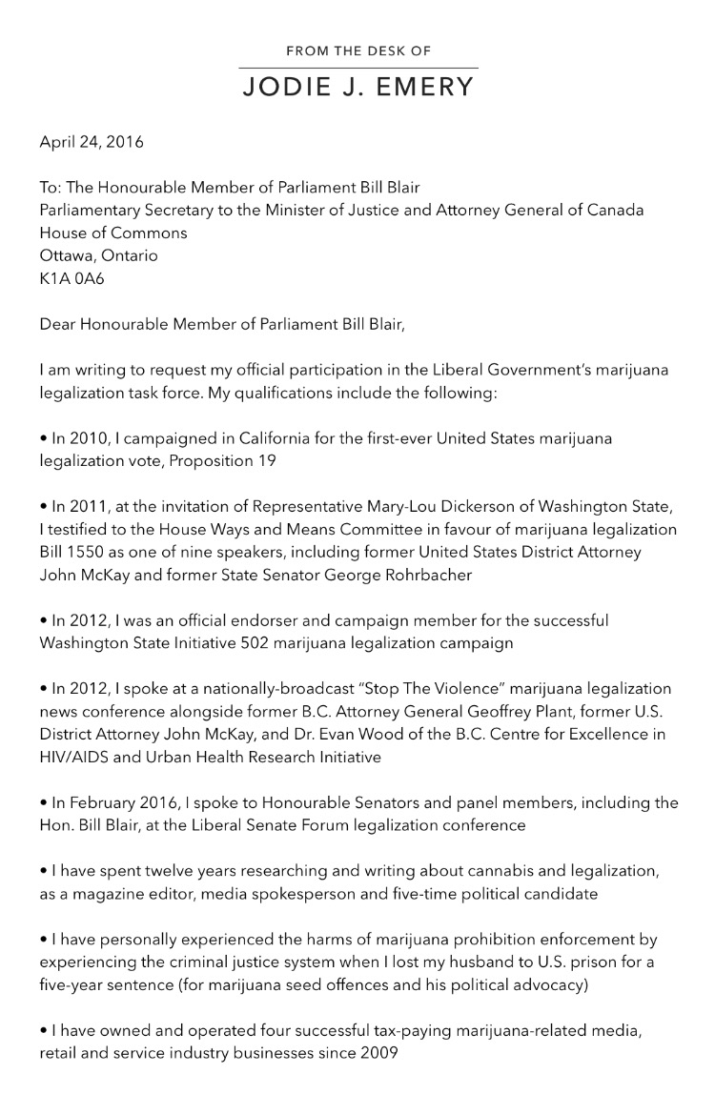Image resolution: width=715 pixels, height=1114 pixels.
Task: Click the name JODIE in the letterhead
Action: point(284,88)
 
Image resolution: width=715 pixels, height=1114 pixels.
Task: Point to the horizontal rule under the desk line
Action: point(357,68)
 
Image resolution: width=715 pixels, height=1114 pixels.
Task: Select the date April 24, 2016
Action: point(92,142)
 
